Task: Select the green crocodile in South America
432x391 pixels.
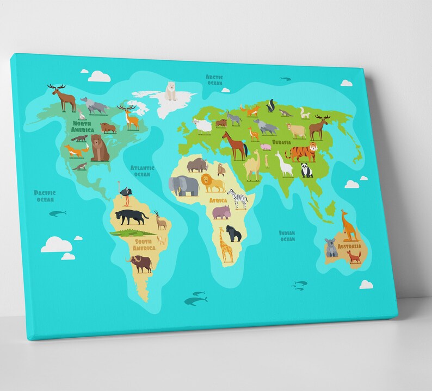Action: [x=128, y=232]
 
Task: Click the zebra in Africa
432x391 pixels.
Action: [x=238, y=198]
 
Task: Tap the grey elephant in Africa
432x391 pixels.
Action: [x=183, y=186]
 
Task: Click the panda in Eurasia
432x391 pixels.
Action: [x=307, y=171]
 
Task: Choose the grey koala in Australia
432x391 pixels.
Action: [x=331, y=248]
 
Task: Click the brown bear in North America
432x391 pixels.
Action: [x=100, y=147]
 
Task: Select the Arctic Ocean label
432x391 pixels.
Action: [x=214, y=80]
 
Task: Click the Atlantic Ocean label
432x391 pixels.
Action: [x=142, y=171]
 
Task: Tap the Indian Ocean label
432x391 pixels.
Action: [x=287, y=236]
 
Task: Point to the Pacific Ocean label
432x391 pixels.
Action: [x=45, y=195]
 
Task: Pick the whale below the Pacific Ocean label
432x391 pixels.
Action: [x=57, y=213]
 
